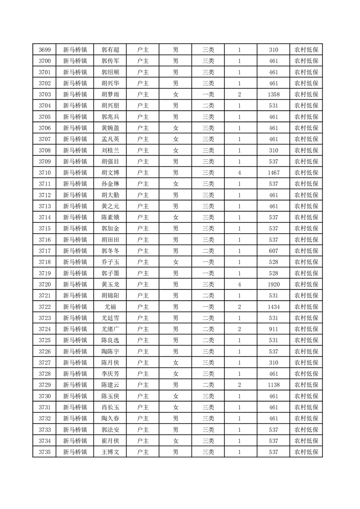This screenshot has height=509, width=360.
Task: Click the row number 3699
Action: [44, 50]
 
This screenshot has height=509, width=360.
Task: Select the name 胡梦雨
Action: [110, 94]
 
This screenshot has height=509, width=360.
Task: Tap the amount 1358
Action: [273, 94]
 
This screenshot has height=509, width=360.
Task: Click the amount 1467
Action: [273, 172]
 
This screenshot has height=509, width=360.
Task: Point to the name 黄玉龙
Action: [110, 284]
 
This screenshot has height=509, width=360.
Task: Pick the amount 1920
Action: [273, 284]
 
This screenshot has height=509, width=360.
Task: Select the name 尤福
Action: [110, 307]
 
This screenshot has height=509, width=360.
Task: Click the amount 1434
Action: [273, 307]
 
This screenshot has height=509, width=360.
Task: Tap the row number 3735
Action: [44, 452]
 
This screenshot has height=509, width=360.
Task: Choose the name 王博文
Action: [110, 452]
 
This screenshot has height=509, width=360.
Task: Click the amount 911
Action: [273, 329]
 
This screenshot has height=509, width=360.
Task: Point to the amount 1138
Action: [273, 385]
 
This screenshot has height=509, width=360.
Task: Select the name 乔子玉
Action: [110, 262]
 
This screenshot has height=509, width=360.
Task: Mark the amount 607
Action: [273, 251]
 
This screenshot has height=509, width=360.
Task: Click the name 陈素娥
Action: [110, 217]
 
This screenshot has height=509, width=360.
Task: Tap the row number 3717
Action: [44, 251]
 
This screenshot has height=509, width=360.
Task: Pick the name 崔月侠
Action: [110, 440]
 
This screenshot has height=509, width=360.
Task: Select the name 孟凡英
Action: [110, 139]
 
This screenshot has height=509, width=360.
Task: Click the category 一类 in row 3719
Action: [208, 273]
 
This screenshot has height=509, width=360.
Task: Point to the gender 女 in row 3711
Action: [176, 184]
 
